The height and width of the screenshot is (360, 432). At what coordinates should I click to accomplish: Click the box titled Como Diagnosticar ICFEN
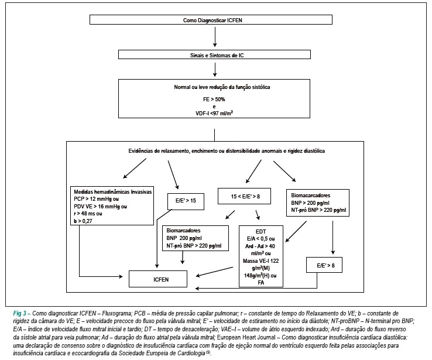[211, 20]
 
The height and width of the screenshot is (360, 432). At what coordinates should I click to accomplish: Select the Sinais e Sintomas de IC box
[214, 54]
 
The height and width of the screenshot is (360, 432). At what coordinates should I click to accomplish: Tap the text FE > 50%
[214, 99]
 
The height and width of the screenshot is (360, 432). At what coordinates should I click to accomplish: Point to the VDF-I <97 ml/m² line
[214, 112]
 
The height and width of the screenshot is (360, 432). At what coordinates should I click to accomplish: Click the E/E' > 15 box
[186, 201]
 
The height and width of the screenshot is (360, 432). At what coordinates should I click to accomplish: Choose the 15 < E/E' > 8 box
[244, 196]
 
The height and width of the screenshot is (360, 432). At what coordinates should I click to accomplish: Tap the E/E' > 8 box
[324, 265]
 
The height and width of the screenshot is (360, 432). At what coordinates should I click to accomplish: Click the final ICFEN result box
[158, 279]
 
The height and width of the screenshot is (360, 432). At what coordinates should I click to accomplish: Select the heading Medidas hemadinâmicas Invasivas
[113, 191]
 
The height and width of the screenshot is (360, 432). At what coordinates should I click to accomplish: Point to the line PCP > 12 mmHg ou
[96, 199]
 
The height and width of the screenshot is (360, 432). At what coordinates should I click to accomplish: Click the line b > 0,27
[83, 221]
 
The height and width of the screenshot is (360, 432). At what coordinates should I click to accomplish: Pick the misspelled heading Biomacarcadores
[310, 196]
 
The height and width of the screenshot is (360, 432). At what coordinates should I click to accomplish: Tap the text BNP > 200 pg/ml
[310, 203]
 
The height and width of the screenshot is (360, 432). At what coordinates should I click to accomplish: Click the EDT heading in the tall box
[260, 231]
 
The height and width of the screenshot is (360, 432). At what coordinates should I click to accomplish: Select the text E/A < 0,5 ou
[260, 238]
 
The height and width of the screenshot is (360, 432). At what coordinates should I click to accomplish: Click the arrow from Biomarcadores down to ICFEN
[182, 258]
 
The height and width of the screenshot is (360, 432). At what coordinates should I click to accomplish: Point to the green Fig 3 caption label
[20, 313]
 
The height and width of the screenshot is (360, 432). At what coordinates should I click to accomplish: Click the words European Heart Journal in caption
[246, 337]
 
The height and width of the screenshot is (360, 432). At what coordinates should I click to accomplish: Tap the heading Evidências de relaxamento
[227, 150]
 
